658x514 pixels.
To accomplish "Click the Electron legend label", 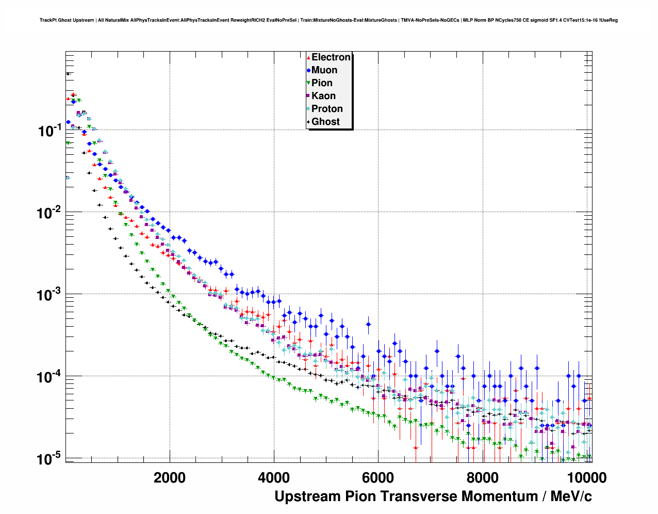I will [331, 57].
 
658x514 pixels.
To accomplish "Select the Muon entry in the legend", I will [324, 70].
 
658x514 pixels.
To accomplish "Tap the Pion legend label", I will [322, 83].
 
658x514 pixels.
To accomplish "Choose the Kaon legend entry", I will [323, 96].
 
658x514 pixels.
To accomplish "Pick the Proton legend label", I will [327, 109].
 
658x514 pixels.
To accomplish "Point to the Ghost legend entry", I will [325, 122].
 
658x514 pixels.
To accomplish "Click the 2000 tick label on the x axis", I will [170, 478].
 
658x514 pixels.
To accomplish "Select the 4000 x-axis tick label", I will [274, 478].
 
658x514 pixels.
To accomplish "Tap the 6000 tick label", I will [378, 478].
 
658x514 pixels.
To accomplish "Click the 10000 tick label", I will [586, 478].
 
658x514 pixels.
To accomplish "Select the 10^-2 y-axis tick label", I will [50, 212].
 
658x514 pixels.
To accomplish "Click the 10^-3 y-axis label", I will [50, 294].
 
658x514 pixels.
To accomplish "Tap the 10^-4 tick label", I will [50, 376].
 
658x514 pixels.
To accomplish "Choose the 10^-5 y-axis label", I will [50, 458].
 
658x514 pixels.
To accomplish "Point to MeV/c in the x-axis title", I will [571, 496].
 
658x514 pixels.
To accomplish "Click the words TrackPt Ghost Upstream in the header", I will [67, 20].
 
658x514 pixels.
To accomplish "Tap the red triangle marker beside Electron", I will [308, 58].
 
